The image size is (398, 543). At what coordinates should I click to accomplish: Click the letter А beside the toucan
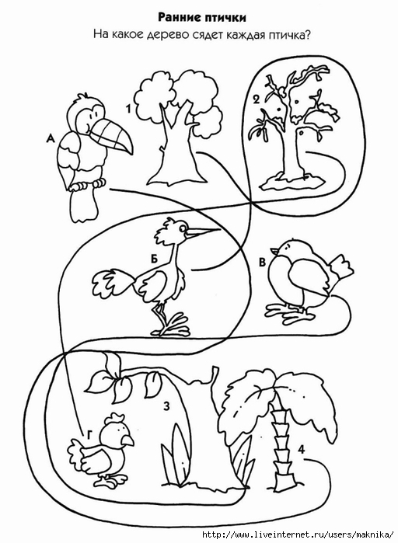[x=51, y=139]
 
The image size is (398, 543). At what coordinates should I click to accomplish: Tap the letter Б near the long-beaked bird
[x=155, y=259]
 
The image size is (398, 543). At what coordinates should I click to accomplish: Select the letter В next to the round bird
[x=263, y=262]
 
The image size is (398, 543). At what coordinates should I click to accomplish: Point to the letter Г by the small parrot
[x=89, y=436]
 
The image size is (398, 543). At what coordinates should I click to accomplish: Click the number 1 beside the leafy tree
[x=128, y=109]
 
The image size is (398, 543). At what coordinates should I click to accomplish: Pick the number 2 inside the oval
[x=256, y=100]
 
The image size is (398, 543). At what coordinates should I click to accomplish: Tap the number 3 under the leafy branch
[x=166, y=406]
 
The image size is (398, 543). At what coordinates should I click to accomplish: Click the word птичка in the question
[x=286, y=35]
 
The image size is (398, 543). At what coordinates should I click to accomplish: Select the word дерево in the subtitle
[x=166, y=36]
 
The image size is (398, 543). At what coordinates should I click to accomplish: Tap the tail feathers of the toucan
[x=83, y=205]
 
